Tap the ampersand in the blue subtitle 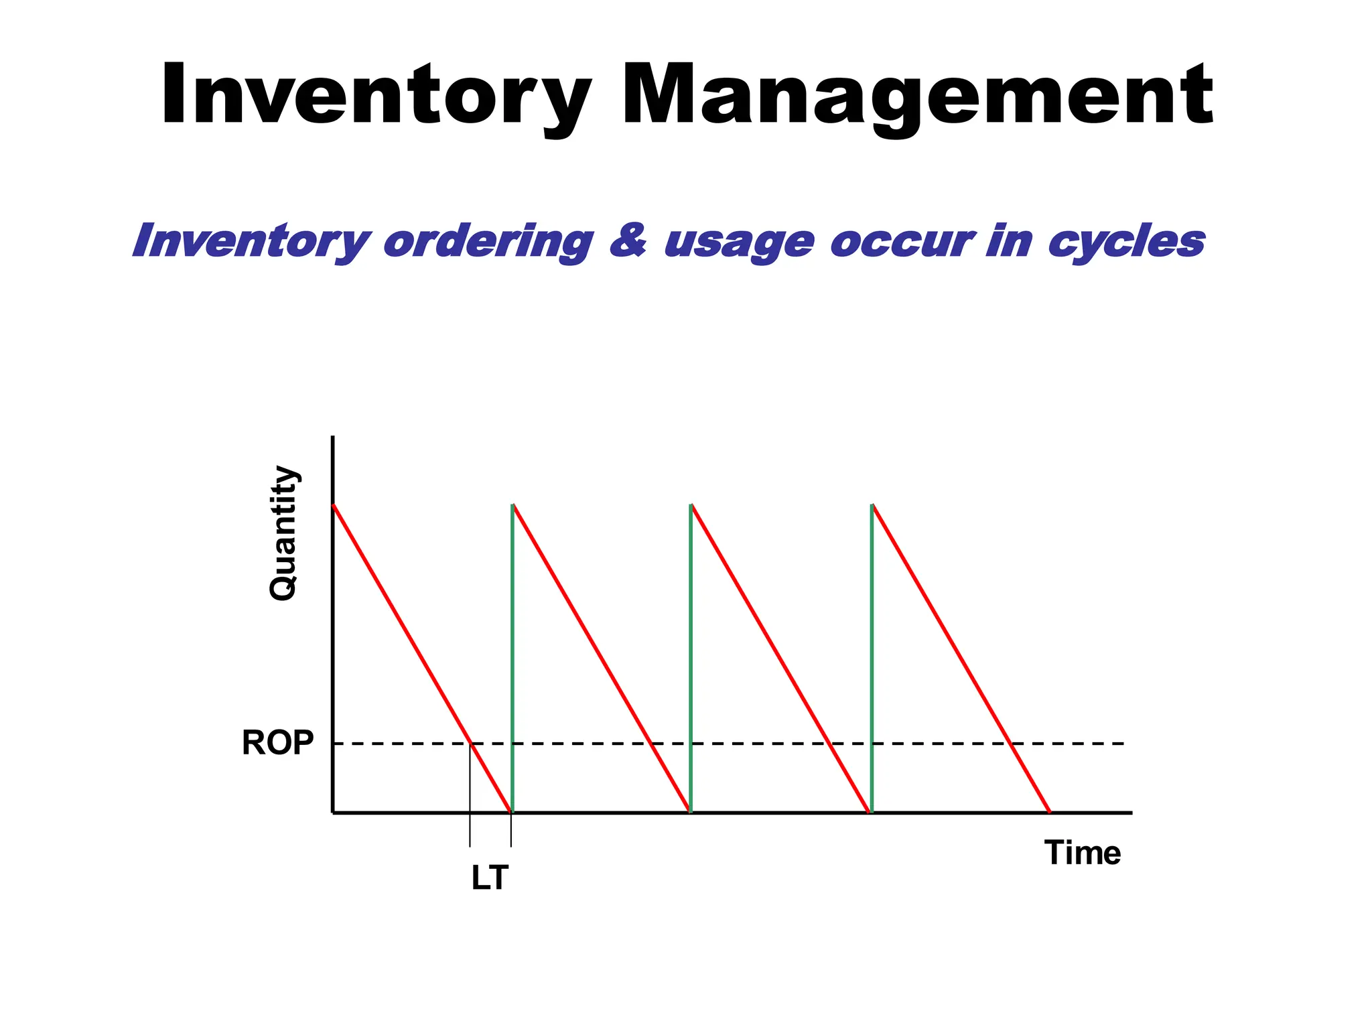[x=628, y=241]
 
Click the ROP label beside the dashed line [x=277, y=743]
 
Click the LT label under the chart [x=490, y=878]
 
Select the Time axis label [x=1082, y=853]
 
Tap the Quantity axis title [x=283, y=533]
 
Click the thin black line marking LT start [x=470, y=804]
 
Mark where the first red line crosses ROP [x=471, y=744]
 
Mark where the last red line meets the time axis [x=1049, y=812]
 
